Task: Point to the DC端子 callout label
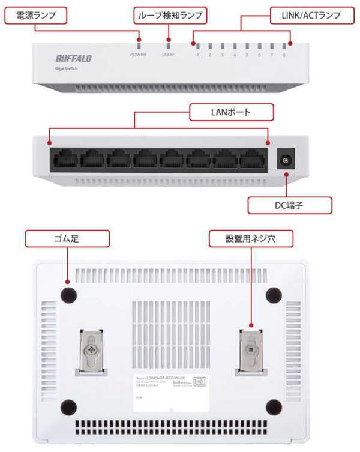pyautogui.click(x=289, y=205)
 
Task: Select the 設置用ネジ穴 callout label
pyautogui.click(x=251, y=239)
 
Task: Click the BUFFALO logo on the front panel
pyautogui.click(x=73, y=59)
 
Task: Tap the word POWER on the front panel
pyautogui.click(x=138, y=55)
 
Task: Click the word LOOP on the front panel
pyautogui.click(x=168, y=55)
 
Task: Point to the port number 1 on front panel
pyautogui.click(x=197, y=55)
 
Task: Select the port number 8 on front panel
pyautogui.click(x=284, y=55)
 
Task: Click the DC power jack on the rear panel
pyautogui.click(x=286, y=161)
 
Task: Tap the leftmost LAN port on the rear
pyautogui.click(x=64, y=160)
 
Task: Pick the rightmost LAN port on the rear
pyautogui.click(x=253, y=160)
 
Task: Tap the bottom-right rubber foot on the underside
pyautogui.click(x=273, y=406)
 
